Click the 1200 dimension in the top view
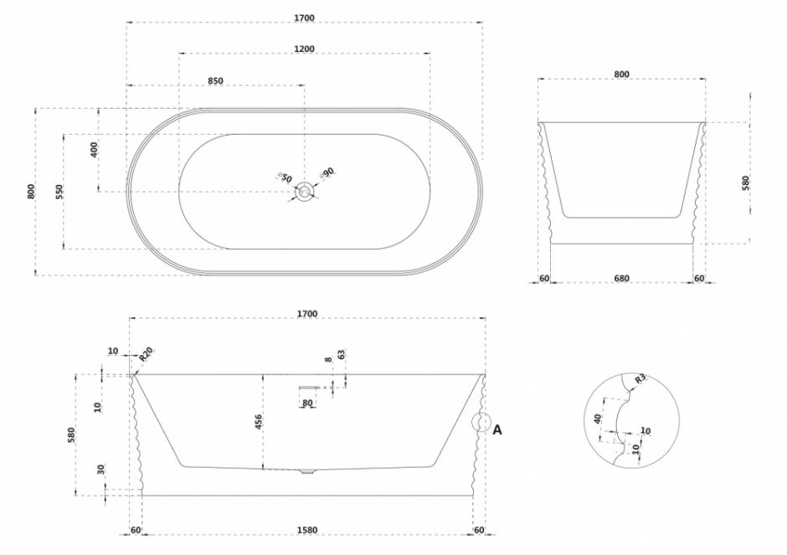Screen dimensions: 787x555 pos(304,49)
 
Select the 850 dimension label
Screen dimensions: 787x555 pos(215,81)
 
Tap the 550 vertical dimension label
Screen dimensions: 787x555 pos(59,191)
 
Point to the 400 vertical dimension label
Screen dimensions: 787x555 pos(94,150)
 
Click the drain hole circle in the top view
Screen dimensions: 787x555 pos(304,191)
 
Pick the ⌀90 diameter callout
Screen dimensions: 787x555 pos(327,173)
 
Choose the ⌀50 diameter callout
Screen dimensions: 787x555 pos(285,177)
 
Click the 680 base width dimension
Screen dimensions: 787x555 pos(621,279)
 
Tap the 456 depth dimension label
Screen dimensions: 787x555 pos(258,423)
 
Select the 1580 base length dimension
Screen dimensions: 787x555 pos(307,531)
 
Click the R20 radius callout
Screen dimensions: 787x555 pos(146,354)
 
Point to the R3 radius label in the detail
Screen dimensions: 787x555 pos(640,379)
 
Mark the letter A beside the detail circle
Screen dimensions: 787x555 pos(496,430)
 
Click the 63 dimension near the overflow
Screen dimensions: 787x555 pos(342,354)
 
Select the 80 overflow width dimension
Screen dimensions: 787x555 pos(307,403)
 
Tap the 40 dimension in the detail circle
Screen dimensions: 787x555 pos(597,419)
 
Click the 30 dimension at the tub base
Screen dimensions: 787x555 pos(100,470)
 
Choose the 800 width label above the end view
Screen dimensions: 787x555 pos(621,75)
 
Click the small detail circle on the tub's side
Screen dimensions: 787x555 pos(481,422)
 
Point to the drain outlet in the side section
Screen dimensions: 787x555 pos(306,471)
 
